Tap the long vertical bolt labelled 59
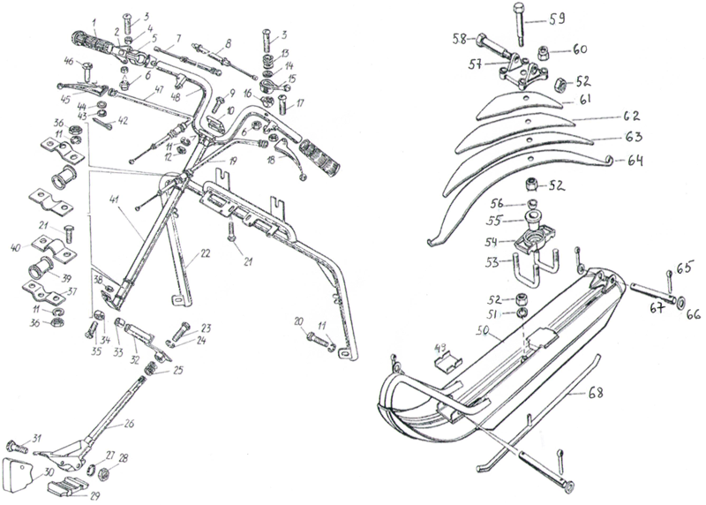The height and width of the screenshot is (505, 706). tap(515, 31)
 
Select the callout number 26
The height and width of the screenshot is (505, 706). tap(129, 423)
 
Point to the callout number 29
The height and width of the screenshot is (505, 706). tap(95, 495)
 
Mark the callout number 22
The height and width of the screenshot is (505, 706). tap(204, 253)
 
